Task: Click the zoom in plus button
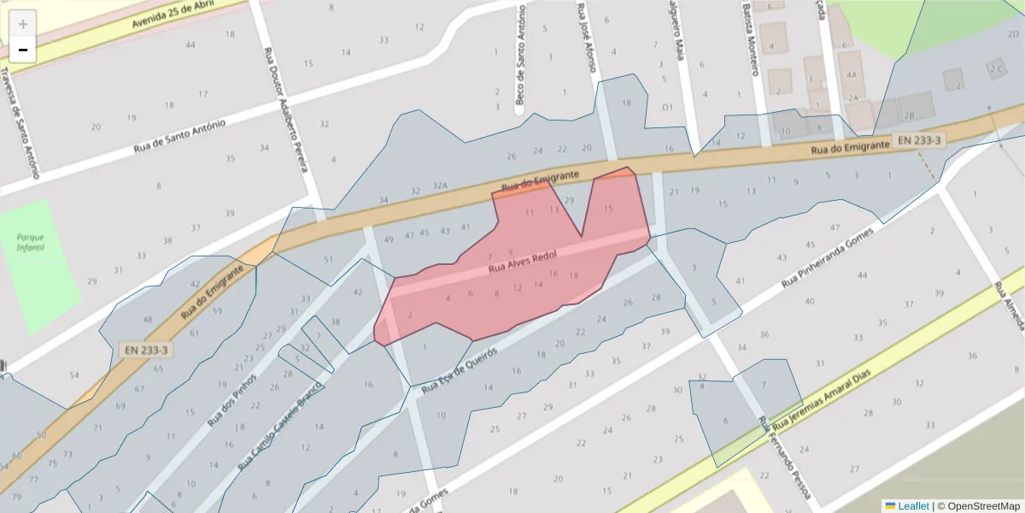23,24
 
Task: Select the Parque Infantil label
30,241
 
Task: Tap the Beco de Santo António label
519,56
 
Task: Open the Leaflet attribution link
913,505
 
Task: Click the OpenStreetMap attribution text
979,505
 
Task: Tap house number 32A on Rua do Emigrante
440,186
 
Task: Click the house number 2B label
909,115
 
